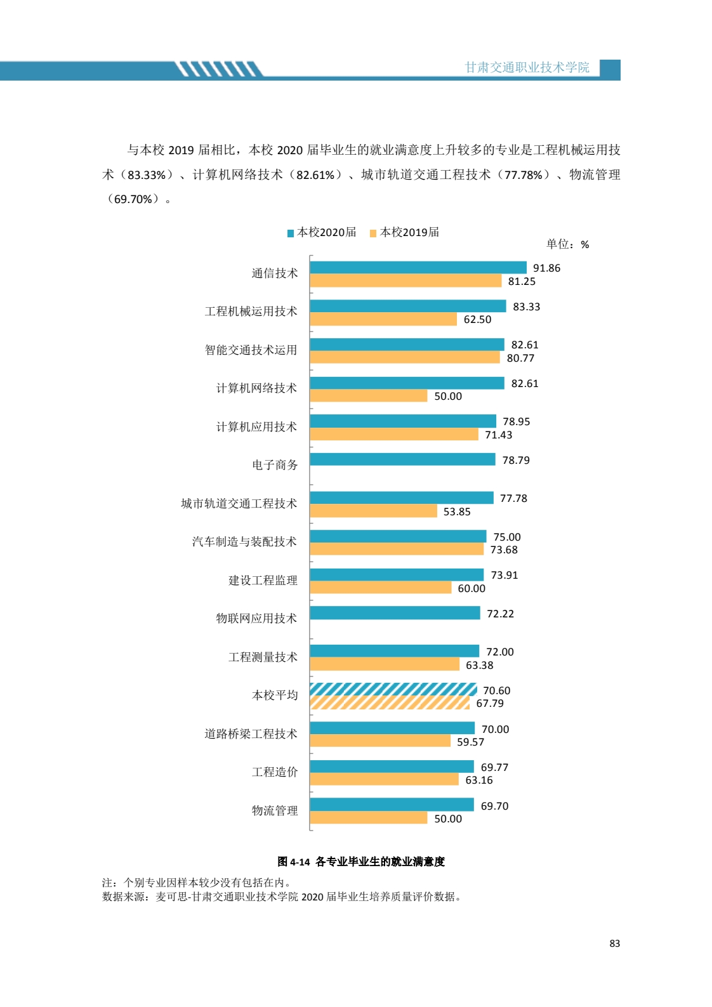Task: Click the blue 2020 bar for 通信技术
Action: click(x=418, y=268)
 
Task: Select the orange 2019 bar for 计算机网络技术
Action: click(x=369, y=396)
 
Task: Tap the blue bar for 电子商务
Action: click(x=402, y=459)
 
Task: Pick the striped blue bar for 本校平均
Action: click(x=393, y=690)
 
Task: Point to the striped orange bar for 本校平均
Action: click(x=390, y=703)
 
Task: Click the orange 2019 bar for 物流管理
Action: click(x=369, y=818)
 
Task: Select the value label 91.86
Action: click(x=546, y=268)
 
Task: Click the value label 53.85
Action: click(x=457, y=511)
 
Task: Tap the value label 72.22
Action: click(x=500, y=614)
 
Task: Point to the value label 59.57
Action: click(x=470, y=742)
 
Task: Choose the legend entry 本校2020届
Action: click(x=322, y=232)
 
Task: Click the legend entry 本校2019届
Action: click(x=405, y=232)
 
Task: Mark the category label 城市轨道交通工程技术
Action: click(x=239, y=504)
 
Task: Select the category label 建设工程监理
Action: click(x=263, y=581)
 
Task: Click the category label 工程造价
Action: click(x=274, y=772)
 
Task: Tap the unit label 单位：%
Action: click(x=567, y=244)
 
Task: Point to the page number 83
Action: click(x=614, y=944)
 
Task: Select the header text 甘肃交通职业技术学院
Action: click(x=527, y=67)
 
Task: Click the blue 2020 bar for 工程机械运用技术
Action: click(x=408, y=306)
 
